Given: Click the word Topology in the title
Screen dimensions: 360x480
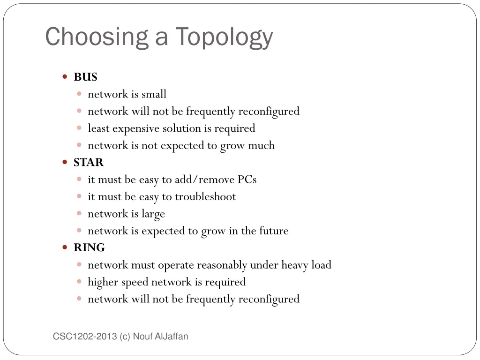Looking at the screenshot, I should coord(225,37).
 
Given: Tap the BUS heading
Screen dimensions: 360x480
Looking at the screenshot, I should coord(85,77).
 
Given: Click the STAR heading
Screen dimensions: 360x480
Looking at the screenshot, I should coord(89,163).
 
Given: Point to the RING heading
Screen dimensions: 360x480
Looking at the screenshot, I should coord(89,248).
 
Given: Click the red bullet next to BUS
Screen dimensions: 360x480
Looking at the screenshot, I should coord(65,76).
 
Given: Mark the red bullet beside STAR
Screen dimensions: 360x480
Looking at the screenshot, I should coord(65,162).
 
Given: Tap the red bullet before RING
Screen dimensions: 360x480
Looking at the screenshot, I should coord(65,247).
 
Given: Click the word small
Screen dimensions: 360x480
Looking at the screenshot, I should coord(154,94).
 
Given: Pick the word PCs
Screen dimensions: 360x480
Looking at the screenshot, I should coord(247,180).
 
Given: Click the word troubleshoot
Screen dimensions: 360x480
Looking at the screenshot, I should coord(205,197).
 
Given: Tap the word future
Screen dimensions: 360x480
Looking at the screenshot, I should coord(274,231).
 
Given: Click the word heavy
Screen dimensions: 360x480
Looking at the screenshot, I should coord(294,265).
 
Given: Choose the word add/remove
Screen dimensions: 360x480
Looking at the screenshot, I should coord(204,180).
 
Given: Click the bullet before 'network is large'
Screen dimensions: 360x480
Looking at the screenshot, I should coord(79,213).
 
